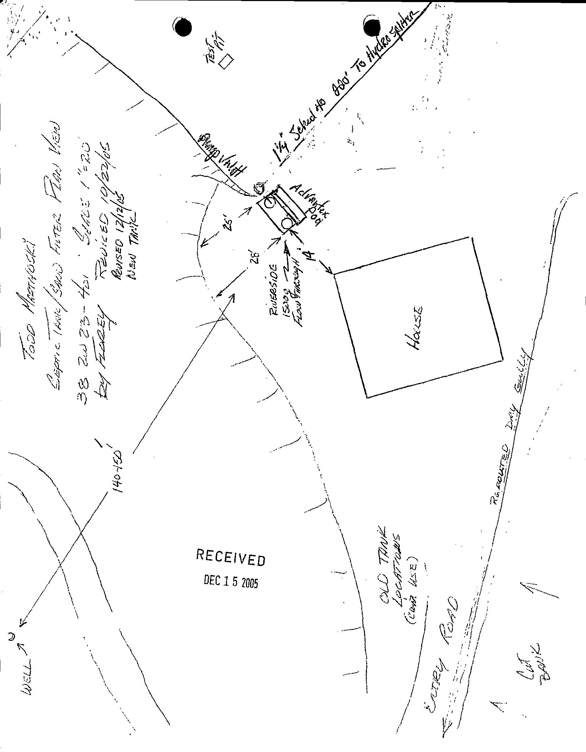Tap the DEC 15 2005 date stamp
click(x=231, y=582)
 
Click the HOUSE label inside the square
click(x=415, y=328)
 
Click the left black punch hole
click(x=183, y=27)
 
